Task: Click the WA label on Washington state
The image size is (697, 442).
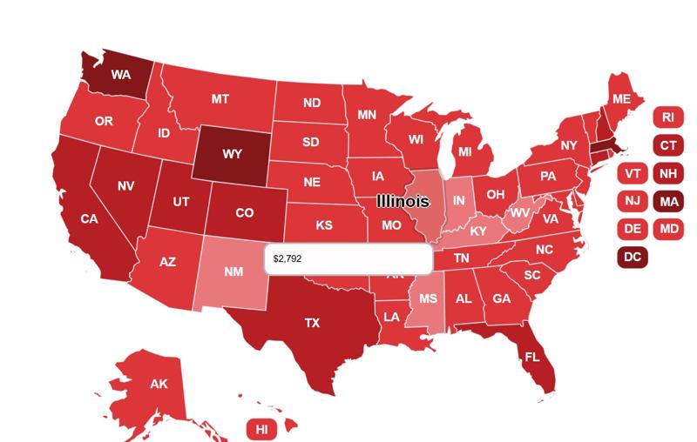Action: [x=120, y=75]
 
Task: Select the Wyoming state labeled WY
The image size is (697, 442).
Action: [x=232, y=154]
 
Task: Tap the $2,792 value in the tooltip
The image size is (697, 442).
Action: [x=287, y=259]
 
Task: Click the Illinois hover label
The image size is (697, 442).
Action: [x=403, y=201]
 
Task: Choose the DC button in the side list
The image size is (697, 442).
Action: [x=633, y=257]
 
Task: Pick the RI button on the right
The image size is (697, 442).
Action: [x=667, y=117]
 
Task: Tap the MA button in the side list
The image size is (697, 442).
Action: [x=667, y=202]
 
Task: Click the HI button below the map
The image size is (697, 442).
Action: [x=261, y=429]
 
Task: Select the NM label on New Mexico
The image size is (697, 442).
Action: [x=233, y=271]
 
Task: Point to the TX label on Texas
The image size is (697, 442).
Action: [x=312, y=323]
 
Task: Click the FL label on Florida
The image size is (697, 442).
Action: [x=531, y=357]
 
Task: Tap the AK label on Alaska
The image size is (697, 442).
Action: [x=159, y=384]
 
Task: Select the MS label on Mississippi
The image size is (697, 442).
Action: [x=428, y=298]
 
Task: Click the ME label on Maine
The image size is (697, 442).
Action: [x=620, y=99]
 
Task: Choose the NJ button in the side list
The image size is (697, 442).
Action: [x=633, y=202]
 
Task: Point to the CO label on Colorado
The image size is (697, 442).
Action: [x=245, y=213]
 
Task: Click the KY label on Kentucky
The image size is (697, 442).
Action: [x=478, y=231]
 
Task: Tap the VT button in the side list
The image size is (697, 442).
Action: [x=633, y=173]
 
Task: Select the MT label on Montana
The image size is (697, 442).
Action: [x=220, y=99]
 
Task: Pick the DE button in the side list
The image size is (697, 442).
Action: [x=633, y=229]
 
